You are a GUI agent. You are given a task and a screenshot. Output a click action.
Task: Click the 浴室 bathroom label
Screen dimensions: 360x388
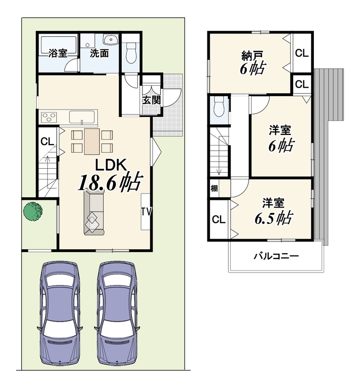click(x=58, y=53)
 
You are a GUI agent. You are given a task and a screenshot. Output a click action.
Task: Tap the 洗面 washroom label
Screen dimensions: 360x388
click(x=99, y=53)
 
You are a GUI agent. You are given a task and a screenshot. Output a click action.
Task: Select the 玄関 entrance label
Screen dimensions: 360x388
click(x=152, y=100)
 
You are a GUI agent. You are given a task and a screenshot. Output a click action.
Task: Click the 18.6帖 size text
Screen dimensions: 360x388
click(x=110, y=182)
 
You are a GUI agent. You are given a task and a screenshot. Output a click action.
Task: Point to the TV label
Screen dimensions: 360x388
click(x=146, y=211)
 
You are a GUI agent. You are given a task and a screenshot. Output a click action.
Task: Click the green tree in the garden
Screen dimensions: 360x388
click(x=33, y=211)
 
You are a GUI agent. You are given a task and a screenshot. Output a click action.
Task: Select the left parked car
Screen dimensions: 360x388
click(x=60, y=314)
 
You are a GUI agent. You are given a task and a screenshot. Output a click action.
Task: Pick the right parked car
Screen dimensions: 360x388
click(x=117, y=314)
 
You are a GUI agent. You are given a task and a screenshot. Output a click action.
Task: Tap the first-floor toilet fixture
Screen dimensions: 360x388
click(x=131, y=52)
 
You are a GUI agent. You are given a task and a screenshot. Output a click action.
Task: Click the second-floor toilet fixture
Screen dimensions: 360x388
click(x=219, y=106)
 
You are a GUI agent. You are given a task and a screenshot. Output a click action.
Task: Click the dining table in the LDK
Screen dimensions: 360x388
click(x=92, y=142)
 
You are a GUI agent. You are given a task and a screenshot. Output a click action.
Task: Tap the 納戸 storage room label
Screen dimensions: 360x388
click(x=251, y=56)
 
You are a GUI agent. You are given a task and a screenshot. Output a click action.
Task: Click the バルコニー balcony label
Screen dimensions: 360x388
click(x=276, y=256)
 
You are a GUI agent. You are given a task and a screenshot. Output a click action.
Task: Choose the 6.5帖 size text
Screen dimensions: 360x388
click(x=273, y=218)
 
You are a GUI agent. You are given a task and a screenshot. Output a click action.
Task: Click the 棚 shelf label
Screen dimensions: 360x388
click(x=214, y=188)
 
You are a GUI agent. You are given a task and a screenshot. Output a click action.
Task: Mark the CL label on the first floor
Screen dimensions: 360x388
click(x=47, y=142)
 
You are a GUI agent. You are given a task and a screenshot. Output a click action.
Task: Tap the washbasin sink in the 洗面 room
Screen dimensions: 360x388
click(x=111, y=40)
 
